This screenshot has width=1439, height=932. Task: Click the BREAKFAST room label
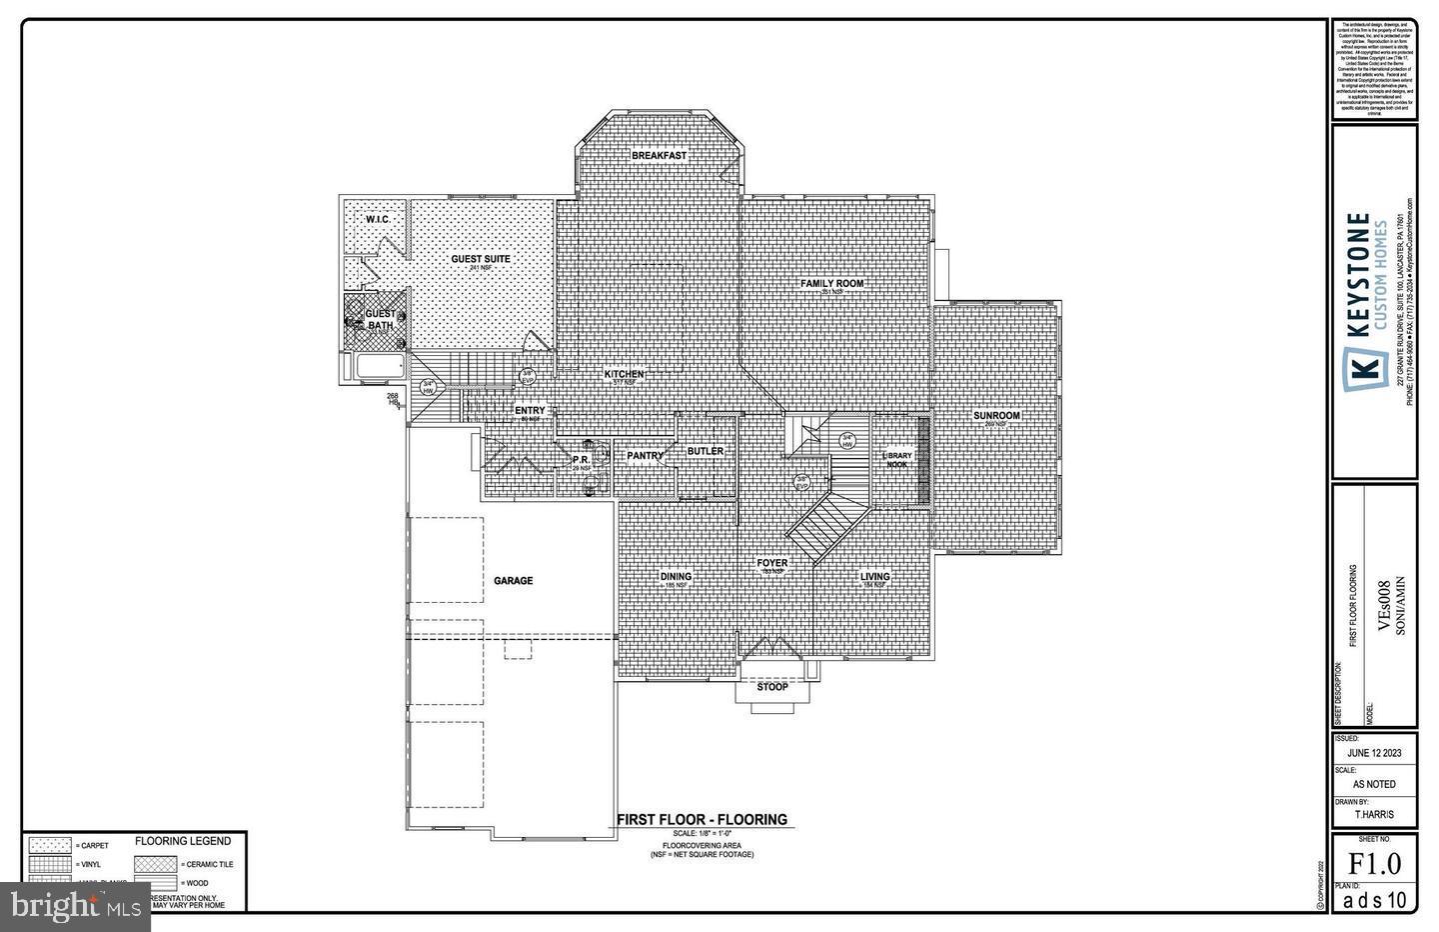659,156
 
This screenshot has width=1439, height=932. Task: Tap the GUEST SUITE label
480,259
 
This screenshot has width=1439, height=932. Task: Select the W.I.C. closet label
377,219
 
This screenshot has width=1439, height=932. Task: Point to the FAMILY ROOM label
831,284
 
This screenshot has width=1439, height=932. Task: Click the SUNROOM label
996,416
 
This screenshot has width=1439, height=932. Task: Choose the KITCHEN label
624,374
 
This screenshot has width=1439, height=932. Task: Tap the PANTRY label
645,456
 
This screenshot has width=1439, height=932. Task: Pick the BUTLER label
705,452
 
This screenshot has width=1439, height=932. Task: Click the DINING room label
676,577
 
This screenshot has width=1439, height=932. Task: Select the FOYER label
771,563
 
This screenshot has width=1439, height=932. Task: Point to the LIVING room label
875,577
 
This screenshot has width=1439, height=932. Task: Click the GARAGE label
513,581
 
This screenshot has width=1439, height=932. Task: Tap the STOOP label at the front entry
771,687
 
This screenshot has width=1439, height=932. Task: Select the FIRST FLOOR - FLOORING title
702,820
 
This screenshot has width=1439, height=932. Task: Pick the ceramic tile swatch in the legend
156,863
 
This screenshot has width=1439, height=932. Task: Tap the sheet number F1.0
1375,863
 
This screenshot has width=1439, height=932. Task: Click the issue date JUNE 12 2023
1375,754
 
